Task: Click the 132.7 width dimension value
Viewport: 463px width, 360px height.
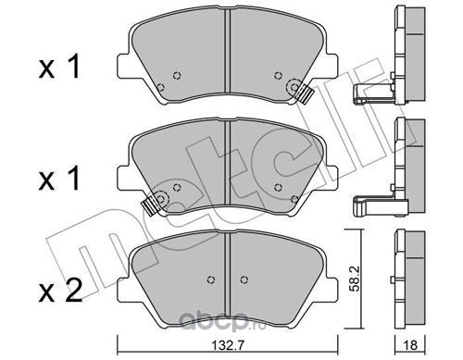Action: pos(228,345)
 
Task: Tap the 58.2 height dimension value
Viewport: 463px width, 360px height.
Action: pos(354,280)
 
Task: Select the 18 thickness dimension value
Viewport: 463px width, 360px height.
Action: pos(410,345)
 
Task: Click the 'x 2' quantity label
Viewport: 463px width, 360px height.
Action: pos(60,291)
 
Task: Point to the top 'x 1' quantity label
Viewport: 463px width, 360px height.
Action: pos(59,67)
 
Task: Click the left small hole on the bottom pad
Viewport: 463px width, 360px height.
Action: pos(211,279)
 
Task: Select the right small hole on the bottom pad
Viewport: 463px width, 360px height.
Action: pos(244,279)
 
